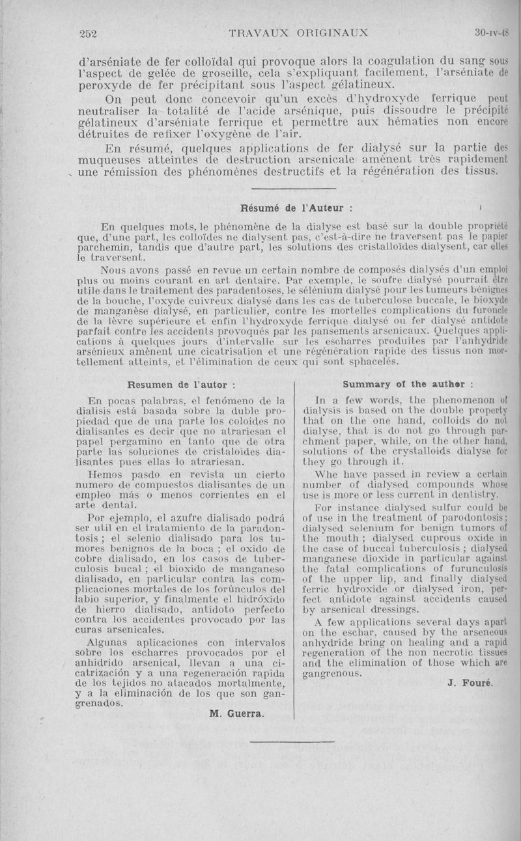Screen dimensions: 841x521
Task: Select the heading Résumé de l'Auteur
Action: [x=297, y=210]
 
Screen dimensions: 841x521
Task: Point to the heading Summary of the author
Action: [x=408, y=383]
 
